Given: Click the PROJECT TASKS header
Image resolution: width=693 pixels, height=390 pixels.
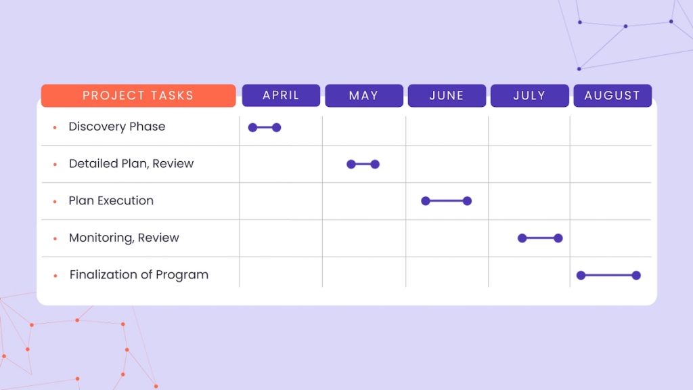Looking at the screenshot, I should tap(138, 95).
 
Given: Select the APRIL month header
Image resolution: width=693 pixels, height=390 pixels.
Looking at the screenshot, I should tap(281, 95).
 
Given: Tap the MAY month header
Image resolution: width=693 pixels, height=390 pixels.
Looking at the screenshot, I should tap(363, 95).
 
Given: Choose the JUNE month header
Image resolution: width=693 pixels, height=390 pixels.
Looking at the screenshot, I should tap(447, 95).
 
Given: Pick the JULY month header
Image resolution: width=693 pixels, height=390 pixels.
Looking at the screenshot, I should tap(529, 95).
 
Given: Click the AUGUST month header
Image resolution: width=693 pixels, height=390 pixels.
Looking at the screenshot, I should tap(612, 95).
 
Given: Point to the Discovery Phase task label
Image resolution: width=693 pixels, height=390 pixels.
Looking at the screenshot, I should tap(116, 127).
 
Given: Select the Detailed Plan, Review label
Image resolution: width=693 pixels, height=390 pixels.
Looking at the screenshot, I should tap(131, 164).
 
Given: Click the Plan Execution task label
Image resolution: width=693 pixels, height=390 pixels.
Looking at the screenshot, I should tap(111, 201).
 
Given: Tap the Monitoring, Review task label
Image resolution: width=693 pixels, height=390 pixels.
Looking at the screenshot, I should tap(124, 238).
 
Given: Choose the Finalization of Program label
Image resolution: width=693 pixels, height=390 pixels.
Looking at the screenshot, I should tap(139, 275).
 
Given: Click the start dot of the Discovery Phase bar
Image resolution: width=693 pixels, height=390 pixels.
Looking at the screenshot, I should tap(252, 127).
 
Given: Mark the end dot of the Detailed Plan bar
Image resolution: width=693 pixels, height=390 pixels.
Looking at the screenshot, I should tap(375, 164).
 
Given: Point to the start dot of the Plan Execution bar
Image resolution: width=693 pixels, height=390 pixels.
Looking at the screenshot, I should tap(425, 201).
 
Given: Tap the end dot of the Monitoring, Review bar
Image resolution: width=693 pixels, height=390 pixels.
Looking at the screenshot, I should tap(558, 238).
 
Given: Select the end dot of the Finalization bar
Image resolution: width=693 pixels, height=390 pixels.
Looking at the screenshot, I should tap(636, 275).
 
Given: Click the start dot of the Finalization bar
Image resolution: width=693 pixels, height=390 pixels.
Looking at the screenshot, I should tap(581, 275).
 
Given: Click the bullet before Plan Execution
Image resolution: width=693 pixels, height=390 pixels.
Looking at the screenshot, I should tap(55, 202).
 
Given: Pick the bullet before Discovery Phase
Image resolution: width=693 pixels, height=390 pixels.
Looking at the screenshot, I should tap(55, 127).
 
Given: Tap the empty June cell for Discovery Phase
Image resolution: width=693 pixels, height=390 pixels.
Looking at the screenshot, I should tap(447, 129).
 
